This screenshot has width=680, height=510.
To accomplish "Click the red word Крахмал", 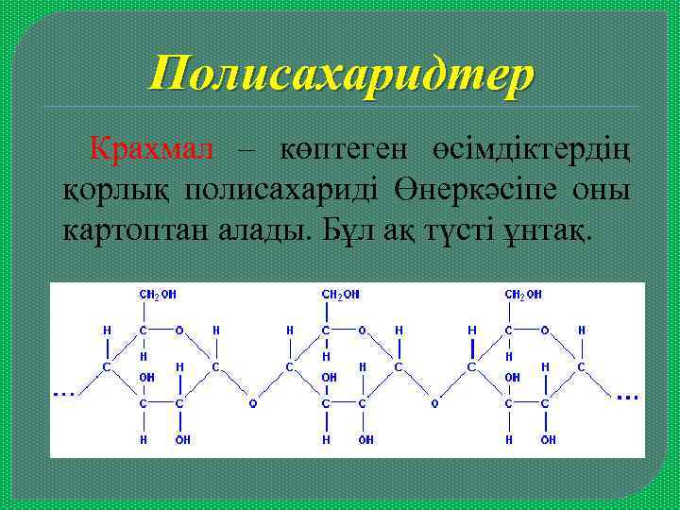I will pos(151,149).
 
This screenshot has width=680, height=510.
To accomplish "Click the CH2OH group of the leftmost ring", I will pos(158,295).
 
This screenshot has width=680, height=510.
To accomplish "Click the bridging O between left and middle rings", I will pos(251,403).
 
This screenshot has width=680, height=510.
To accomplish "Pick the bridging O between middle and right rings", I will pos(434,403).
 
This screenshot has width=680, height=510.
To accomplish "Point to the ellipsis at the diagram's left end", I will pos(64,391).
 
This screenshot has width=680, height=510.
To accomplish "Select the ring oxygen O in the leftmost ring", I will pos(178,331).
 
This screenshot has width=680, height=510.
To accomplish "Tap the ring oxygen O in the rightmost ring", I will pos(543,331).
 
